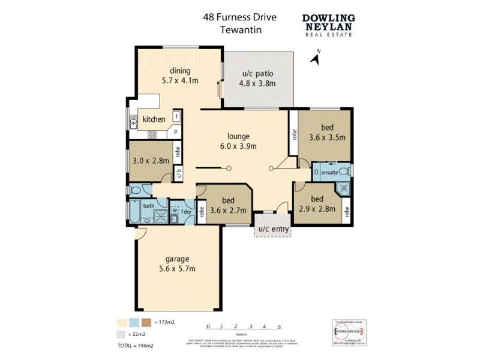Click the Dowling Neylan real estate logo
pyautogui.click(x=328, y=25)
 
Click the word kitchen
pyautogui.click(x=154, y=119)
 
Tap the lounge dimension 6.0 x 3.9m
pyautogui.click(x=238, y=146)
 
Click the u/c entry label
pyautogui.click(x=274, y=230)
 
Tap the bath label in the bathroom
pyautogui.click(x=148, y=206)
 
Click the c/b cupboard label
pyautogui.click(x=178, y=175)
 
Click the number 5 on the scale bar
pyautogui.click(x=279, y=327)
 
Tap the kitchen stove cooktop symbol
pyautogui.click(x=152, y=135)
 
